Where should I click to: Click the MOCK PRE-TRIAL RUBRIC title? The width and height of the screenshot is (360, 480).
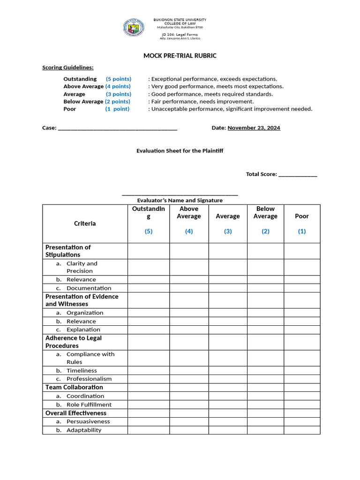(180, 56)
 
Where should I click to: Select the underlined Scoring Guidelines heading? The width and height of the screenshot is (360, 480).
(68, 67)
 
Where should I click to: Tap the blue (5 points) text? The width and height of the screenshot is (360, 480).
(119, 79)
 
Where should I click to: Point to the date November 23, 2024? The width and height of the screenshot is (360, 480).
(254, 127)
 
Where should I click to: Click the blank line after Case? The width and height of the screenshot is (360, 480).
(117, 128)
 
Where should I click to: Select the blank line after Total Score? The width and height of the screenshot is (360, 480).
(298, 174)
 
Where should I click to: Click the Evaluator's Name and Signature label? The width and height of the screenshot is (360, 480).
(180, 200)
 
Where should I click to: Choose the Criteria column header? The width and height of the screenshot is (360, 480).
(85, 224)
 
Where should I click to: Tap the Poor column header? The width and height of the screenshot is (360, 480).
(302, 216)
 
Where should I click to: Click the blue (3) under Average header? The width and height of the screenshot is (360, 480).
(228, 231)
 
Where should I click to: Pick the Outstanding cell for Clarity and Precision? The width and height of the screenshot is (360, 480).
(149, 267)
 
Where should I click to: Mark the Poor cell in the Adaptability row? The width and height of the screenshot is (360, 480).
(302, 430)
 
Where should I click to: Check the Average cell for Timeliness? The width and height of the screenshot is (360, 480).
(228, 370)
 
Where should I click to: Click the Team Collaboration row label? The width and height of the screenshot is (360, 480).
(74, 387)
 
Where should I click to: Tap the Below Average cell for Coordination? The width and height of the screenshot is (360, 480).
(265, 396)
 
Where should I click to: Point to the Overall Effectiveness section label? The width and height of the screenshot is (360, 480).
(76, 413)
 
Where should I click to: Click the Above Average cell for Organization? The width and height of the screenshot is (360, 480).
(189, 313)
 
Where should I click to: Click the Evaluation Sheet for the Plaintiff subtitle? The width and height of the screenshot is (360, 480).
(180, 151)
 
